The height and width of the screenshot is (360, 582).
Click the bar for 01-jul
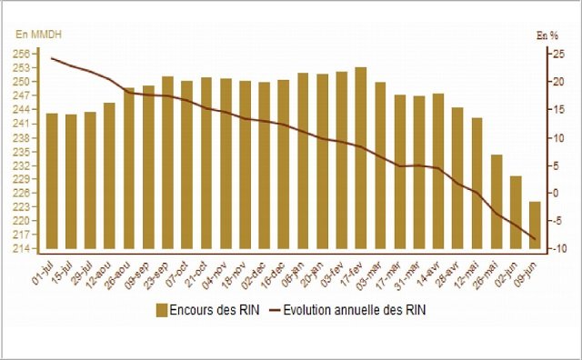52,181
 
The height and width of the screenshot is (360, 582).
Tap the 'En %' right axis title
546,35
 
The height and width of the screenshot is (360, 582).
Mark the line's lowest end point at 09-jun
537,240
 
